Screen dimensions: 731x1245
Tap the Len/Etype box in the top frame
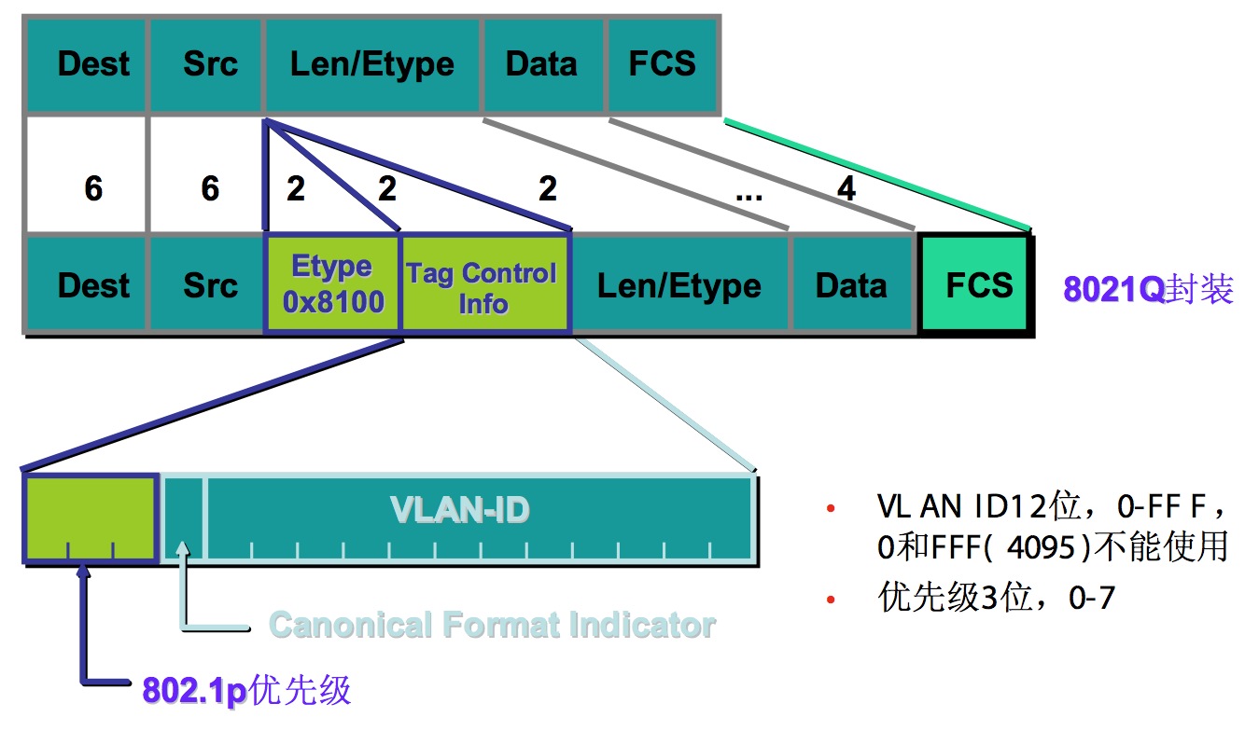371,64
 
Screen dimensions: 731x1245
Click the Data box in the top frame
541,64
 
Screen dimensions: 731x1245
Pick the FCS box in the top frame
662,64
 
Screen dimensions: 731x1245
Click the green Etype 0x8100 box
332,284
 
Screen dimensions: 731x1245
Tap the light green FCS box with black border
976,284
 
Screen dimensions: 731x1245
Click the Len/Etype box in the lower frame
679,285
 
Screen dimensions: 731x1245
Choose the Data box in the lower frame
850,285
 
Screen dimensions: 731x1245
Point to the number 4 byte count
846,189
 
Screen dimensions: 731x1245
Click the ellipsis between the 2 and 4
748,193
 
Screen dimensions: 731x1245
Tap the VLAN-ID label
460,510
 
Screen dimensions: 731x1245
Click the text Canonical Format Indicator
492,625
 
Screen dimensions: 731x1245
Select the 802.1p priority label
247,690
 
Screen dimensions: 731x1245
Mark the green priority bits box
90,517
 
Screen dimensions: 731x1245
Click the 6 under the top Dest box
92,189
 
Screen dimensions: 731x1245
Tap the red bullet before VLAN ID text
830,510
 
